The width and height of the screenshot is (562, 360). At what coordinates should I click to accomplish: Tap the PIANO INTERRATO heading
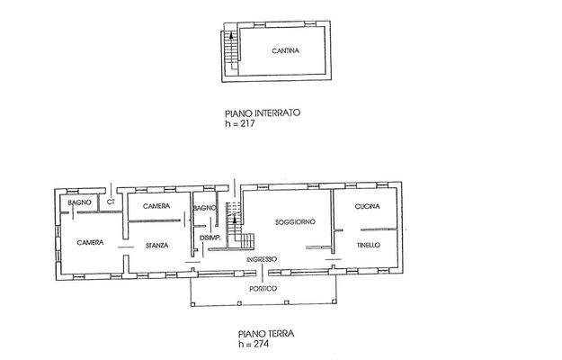coord(262,114)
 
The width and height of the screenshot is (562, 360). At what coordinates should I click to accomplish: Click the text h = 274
coord(254,343)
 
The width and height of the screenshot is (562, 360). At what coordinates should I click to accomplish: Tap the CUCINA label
coord(367,207)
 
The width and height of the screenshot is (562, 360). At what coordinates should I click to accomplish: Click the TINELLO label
coord(368,244)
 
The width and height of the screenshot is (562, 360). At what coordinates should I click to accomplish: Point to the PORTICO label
coord(263,288)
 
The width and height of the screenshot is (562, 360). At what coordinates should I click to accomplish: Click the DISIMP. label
coord(210,238)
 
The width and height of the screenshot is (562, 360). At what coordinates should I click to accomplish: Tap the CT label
coord(111,202)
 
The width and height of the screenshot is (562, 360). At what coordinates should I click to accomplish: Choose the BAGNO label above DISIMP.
coord(204,209)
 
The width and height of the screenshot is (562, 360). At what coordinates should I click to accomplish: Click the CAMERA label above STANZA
coord(156,207)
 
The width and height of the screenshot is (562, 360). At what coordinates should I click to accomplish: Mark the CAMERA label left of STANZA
coord(90,243)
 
